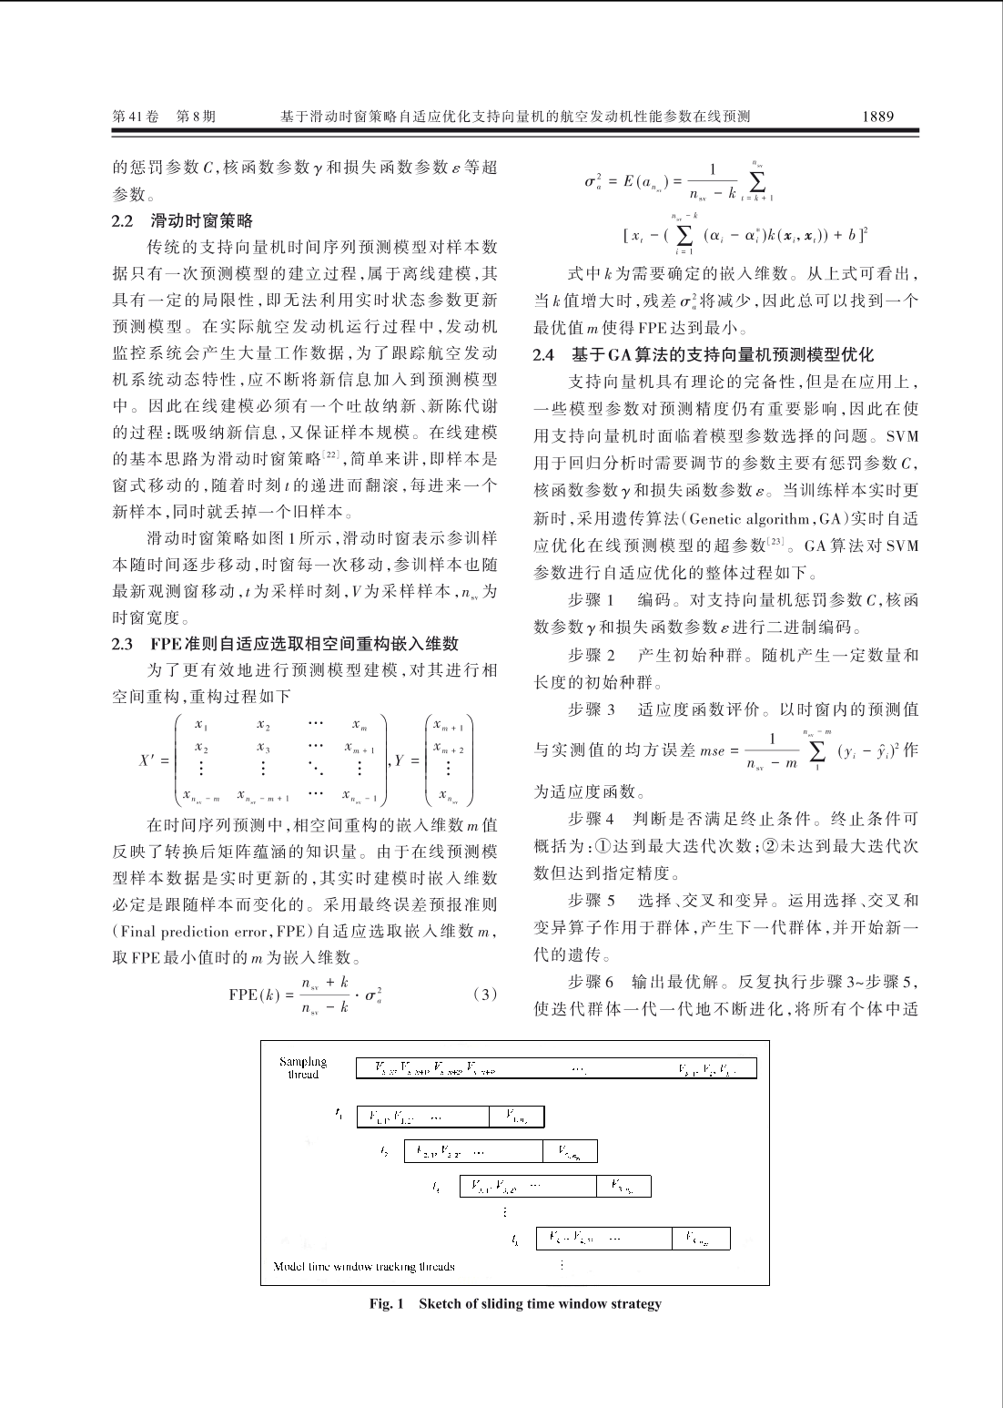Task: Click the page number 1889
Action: pos(878,117)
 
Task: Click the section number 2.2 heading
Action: pos(122,220)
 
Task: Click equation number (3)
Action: pos(485,994)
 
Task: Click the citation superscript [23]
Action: pos(775,543)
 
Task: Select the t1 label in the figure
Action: pos(339,1112)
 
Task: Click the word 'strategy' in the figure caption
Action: pos(636,1304)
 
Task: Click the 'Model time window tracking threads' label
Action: pos(364,1266)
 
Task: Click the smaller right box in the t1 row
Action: pos(516,1115)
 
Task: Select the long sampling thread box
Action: pos(556,1068)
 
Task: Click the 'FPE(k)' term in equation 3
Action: pos(252,994)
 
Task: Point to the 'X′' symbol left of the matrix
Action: pos(149,760)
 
